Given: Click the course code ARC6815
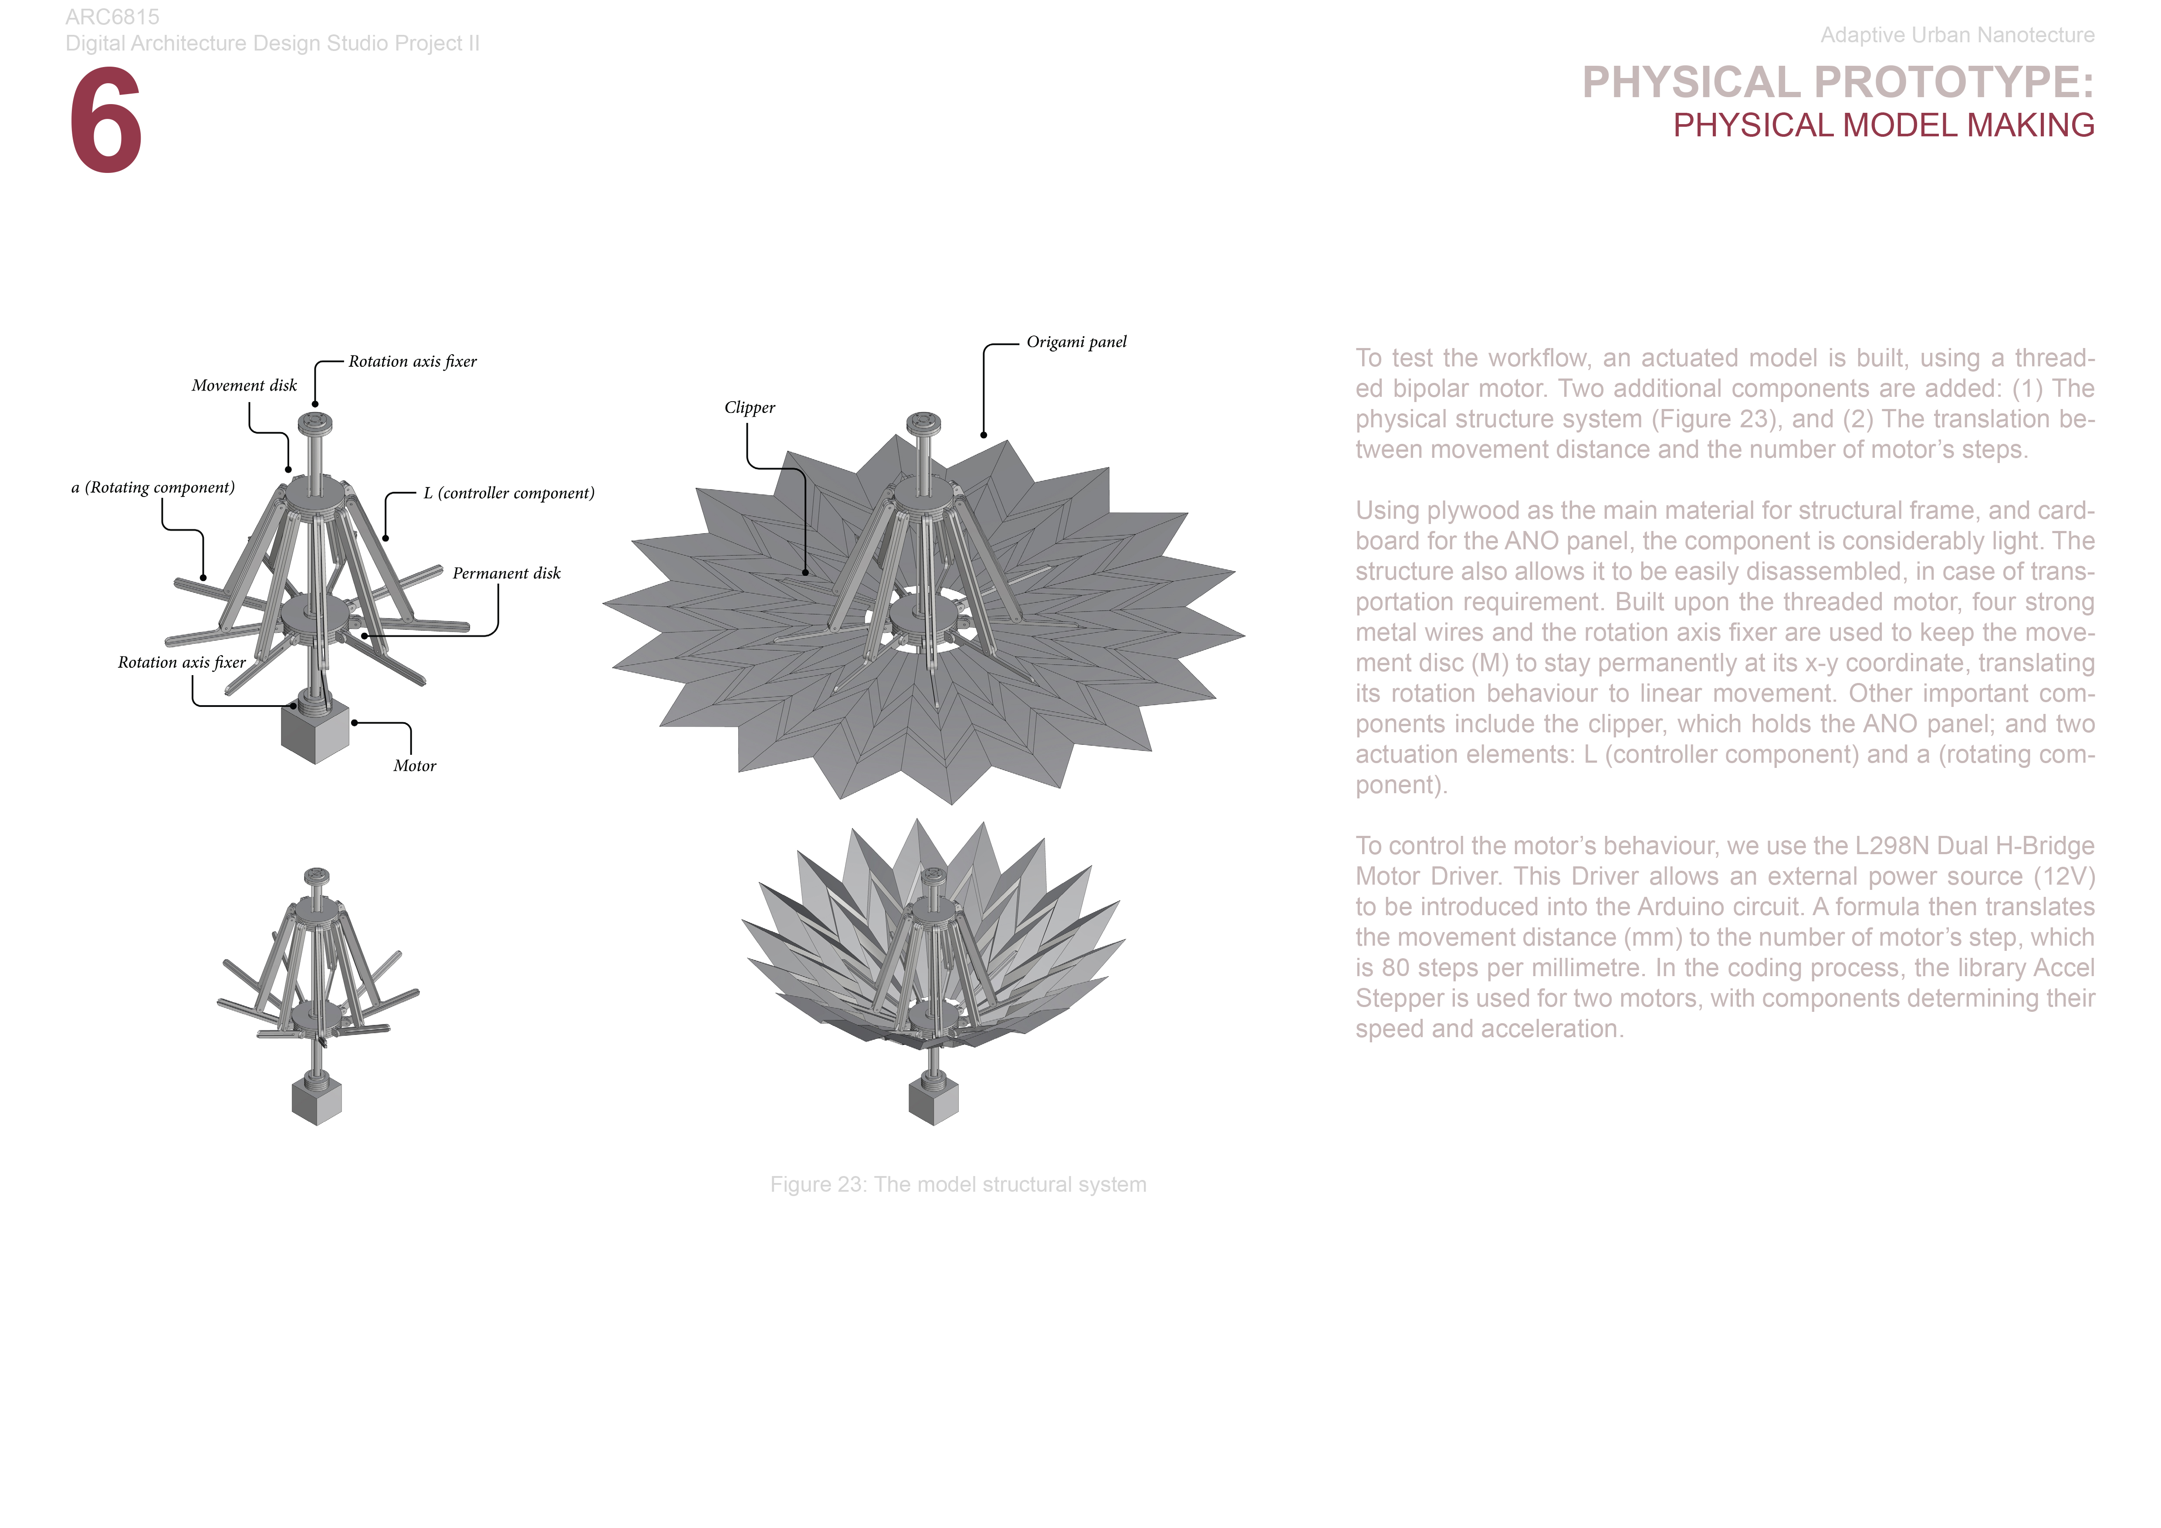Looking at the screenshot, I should [112, 17].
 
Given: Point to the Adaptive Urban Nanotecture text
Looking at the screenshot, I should [1957, 35].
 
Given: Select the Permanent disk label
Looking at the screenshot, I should [506, 573].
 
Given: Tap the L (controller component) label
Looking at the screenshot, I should [508, 493].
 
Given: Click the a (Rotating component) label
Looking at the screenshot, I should [152, 487].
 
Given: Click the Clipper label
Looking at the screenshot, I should [749, 407].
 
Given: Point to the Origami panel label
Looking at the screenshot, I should [1076, 341].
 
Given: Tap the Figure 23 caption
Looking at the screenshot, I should [957, 1185].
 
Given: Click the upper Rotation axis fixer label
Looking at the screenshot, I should [412, 361].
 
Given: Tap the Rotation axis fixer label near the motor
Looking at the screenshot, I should [181, 663].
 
